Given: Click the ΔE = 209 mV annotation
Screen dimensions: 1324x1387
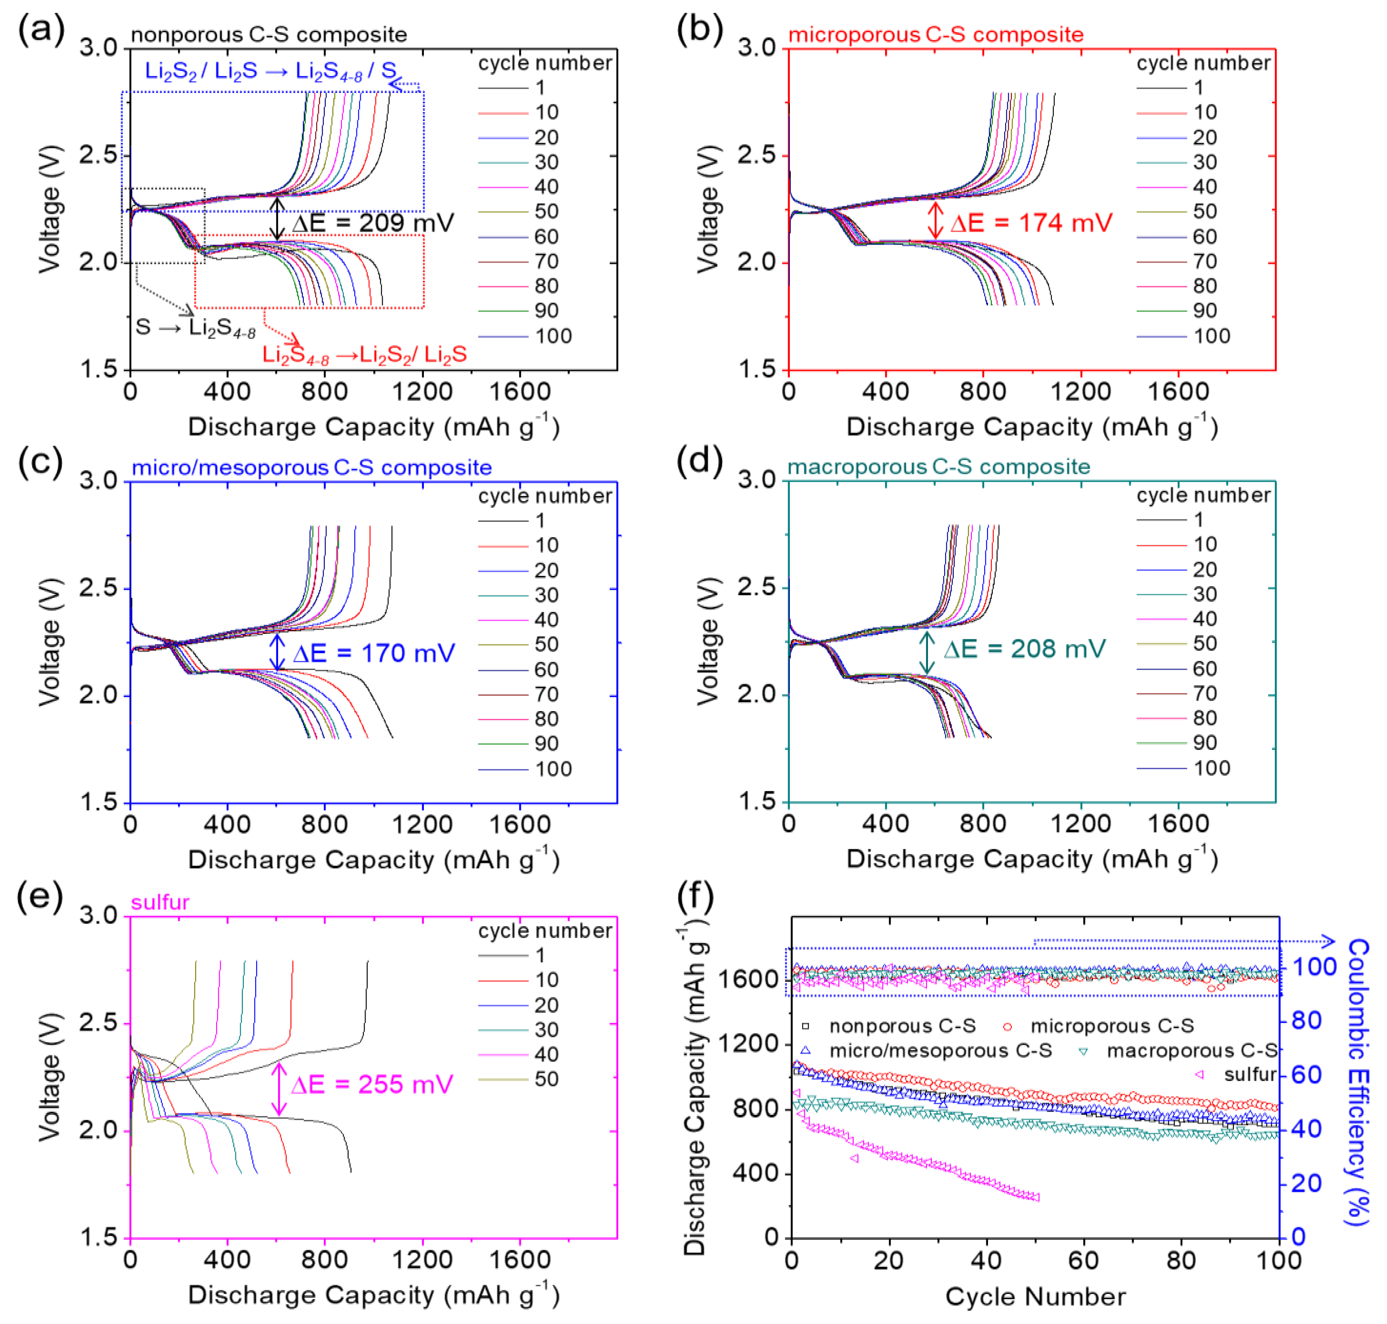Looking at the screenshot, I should [x=372, y=223].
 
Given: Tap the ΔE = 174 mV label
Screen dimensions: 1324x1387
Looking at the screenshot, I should [x=1031, y=223].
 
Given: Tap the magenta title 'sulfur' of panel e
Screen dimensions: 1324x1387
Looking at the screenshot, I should [x=160, y=902].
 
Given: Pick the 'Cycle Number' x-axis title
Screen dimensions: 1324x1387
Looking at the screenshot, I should [x=1035, y=1297].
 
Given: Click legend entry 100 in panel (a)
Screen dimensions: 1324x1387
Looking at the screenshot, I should [x=553, y=336].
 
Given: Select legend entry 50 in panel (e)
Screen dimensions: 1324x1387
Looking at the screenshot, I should [x=546, y=1079].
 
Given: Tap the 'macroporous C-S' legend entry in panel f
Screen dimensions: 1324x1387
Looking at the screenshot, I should [x=1191, y=1051].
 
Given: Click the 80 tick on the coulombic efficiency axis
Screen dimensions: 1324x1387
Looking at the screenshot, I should [x=1307, y=1021].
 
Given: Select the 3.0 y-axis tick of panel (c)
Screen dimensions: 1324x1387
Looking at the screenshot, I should [x=98, y=481].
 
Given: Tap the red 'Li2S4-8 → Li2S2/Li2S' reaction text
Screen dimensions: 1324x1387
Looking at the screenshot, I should [x=364, y=354].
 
